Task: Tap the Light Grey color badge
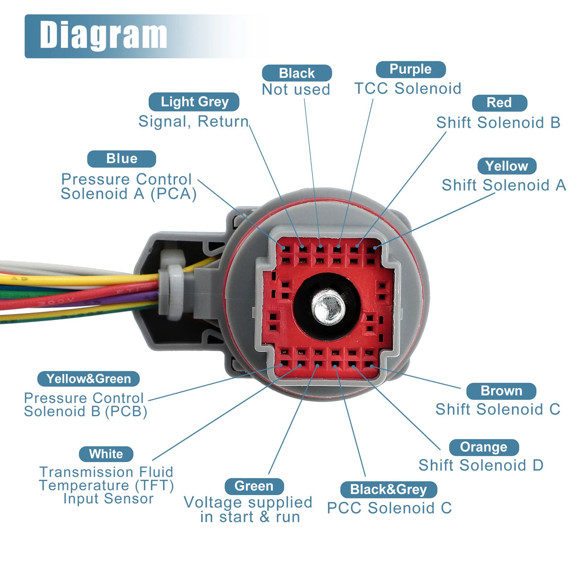pos(194,102)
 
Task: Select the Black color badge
pos(297,73)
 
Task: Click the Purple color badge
pos(410,69)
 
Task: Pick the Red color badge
pos(499,103)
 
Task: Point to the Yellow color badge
pos(507,166)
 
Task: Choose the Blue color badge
pos(121,159)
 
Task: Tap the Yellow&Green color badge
pos(88,379)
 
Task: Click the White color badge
pos(106,454)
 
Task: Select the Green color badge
pos(254,486)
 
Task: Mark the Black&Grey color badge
pos(388,489)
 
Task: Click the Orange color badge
pos(484,447)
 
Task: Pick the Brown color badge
pos(501,391)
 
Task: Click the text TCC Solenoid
pos(408,88)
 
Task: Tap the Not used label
pos(296,89)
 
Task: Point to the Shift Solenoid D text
pos(481,465)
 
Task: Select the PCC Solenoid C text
pos(389,508)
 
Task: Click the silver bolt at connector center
pos(328,308)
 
